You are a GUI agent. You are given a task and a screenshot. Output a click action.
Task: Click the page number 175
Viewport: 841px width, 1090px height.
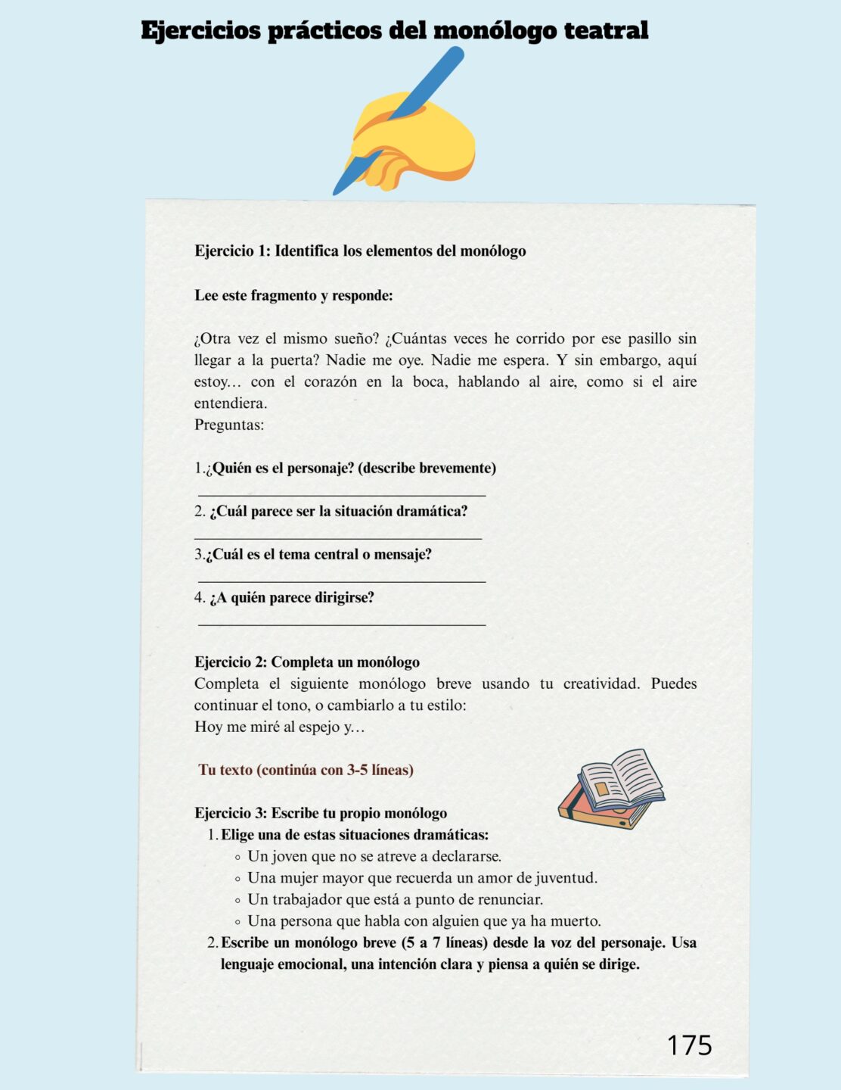tap(689, 1045)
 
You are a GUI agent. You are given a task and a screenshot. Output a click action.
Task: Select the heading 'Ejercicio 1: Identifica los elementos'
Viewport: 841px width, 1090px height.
tap(360, 251)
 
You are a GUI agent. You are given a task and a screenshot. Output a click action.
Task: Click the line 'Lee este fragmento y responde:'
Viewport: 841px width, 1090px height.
tap(293, 295)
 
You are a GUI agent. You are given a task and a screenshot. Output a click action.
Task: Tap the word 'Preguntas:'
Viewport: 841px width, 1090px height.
tap(229, 425)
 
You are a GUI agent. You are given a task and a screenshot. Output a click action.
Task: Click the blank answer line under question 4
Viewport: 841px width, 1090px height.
tap(342, 625)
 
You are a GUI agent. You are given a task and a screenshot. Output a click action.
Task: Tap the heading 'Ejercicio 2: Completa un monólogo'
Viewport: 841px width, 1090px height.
tap(307, 662)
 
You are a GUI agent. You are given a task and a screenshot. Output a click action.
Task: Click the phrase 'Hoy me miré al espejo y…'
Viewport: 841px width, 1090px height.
tap(279, 727)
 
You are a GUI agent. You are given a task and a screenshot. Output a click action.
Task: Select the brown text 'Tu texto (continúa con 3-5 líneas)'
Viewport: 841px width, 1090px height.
tap(306, 770)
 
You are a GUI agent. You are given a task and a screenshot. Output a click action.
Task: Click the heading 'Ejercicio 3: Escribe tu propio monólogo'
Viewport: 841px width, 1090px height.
tap(321, 813)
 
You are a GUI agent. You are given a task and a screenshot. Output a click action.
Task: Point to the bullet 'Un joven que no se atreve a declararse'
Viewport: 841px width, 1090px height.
tap(374, 856)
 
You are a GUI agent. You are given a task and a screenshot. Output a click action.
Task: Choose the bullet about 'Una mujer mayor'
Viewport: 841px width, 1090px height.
tap(422, 878)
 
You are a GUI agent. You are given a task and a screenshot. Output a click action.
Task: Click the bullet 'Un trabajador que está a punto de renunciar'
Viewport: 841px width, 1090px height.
tap(395, 899)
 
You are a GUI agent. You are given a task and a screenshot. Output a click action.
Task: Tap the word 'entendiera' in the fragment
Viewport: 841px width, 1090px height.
tap(230, 403)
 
